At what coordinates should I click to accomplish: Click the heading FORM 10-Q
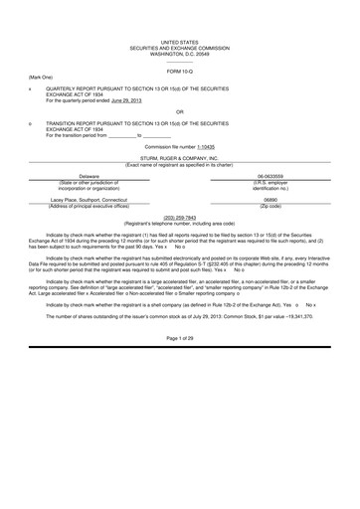point(180,73)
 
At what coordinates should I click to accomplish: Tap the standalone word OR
point(180,111)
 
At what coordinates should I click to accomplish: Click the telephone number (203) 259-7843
point(180,216)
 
